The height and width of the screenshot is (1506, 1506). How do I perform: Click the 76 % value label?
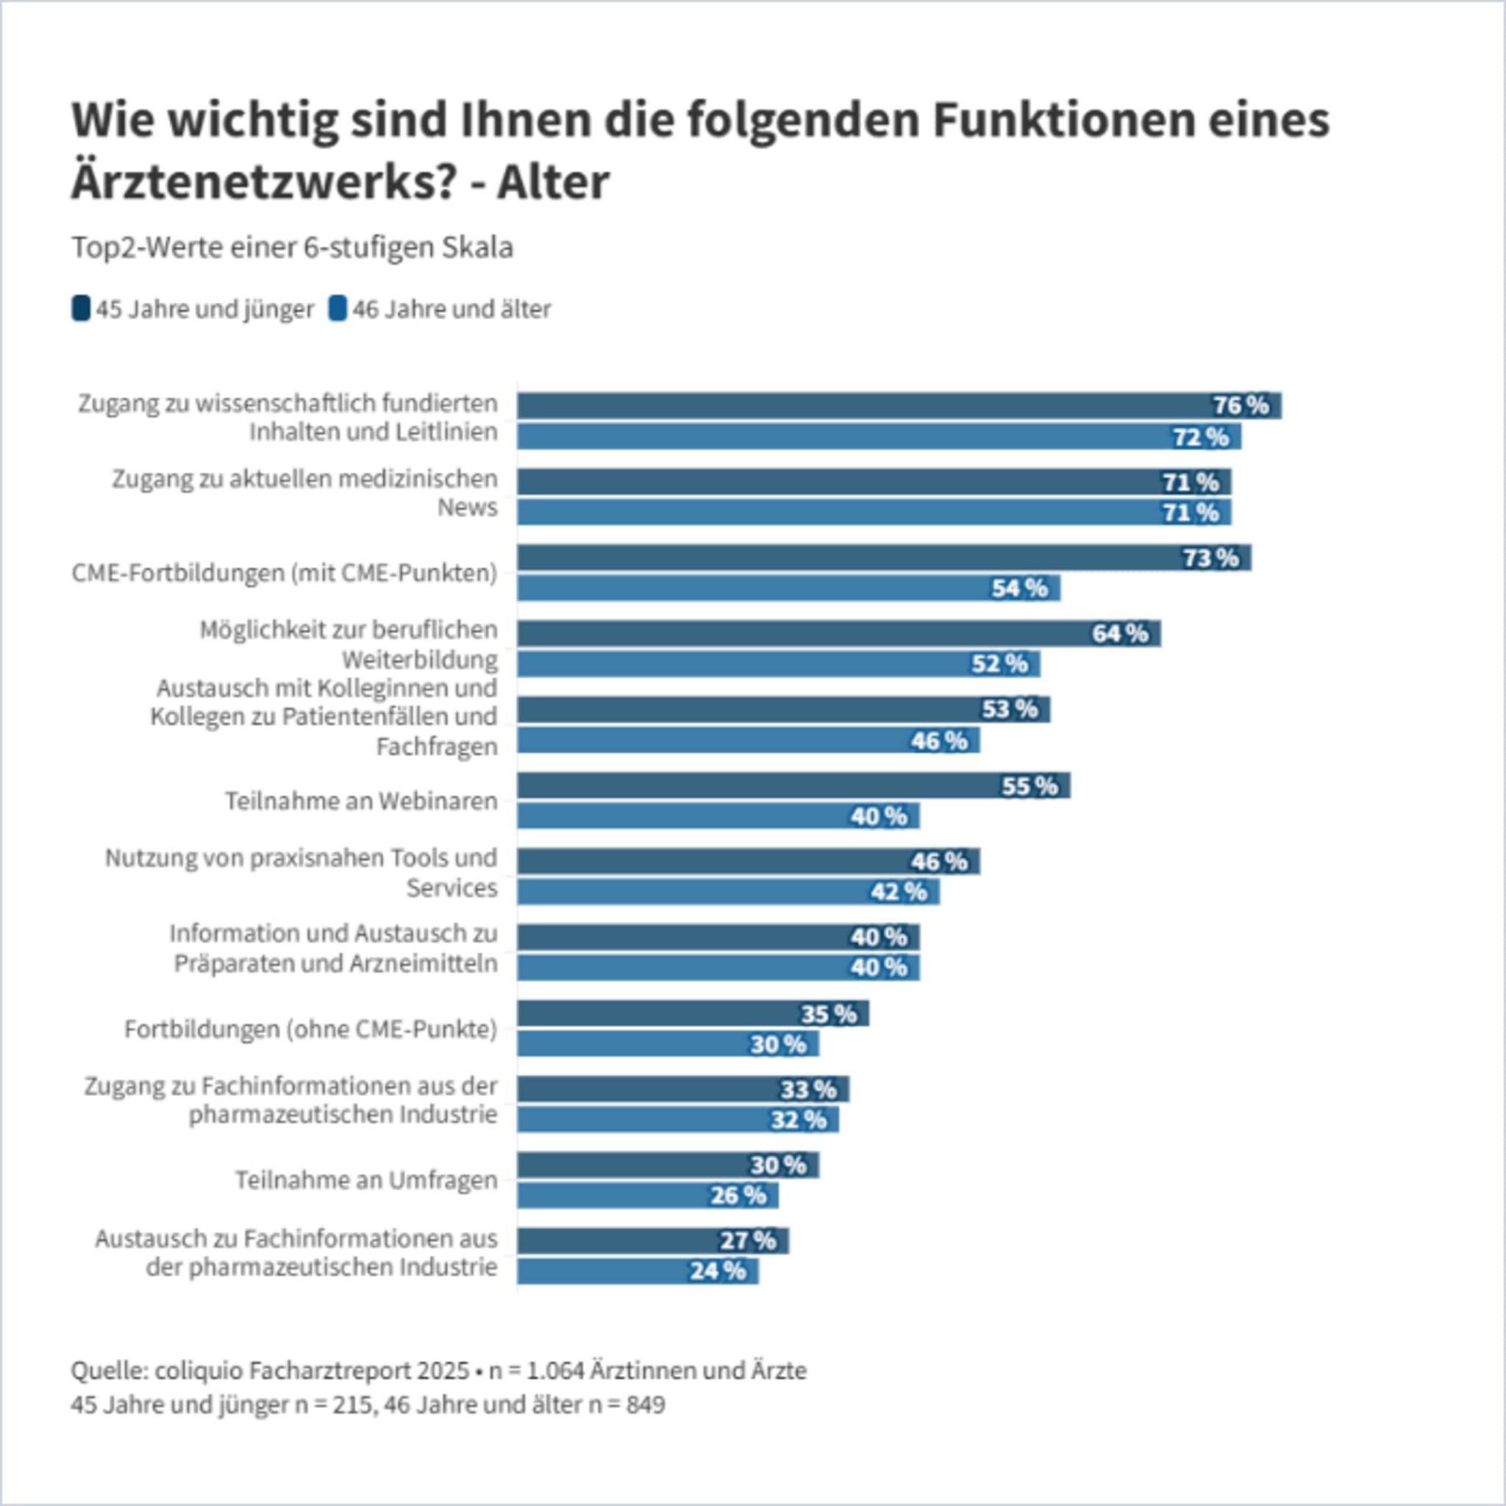click(1241, 405)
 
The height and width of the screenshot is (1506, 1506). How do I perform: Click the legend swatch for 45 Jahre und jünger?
click(80, 309)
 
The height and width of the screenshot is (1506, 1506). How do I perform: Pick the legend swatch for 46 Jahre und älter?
click(337, 309)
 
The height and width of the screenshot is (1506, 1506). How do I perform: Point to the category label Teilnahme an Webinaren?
click(361, 801)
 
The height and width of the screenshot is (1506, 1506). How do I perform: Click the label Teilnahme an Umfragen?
click(366, 1180)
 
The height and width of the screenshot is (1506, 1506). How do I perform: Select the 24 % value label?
click(717, 1271)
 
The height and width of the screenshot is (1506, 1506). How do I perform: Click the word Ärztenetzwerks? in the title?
click(262, 182)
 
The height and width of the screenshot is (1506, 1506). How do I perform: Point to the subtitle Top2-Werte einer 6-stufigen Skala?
click(293, 247)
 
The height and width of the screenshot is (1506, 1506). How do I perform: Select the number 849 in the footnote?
click(646, 1405)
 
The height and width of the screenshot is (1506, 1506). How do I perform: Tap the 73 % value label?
click(1210, 557)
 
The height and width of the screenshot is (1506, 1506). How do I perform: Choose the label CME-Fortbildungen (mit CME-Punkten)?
click(284, 573)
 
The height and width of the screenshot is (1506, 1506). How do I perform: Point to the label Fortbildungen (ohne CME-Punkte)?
click(310, 1029)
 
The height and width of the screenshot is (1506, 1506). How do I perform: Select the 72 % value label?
click(1200, 437)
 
